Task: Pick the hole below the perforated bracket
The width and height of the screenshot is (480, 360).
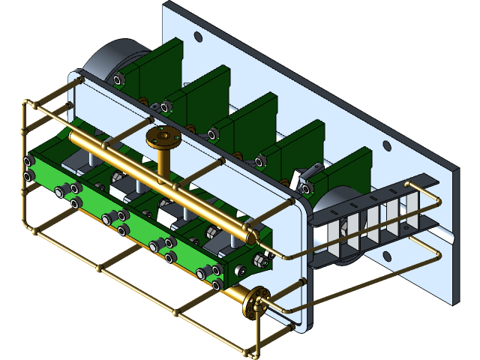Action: [x=387, y=258]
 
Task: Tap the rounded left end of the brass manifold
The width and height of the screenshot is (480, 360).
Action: [x=75, y=138]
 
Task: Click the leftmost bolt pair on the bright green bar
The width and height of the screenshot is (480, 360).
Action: [x=30, y=168]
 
